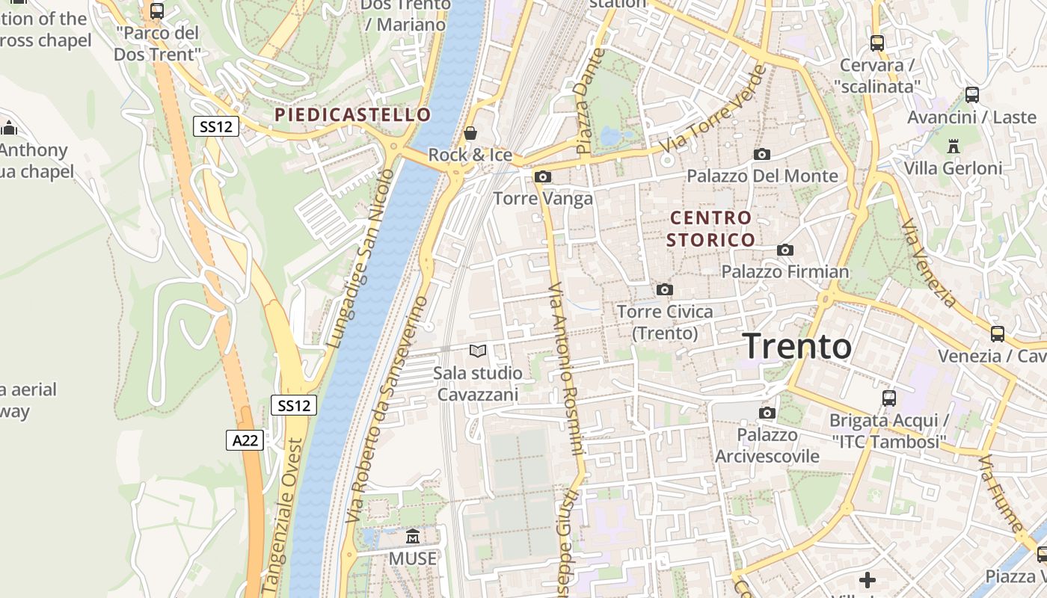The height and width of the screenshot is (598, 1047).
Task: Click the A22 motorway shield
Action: click(245, 440)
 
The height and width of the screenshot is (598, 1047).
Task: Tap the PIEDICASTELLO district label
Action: click(352, 114)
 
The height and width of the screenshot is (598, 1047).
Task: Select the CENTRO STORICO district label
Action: click(710, 229)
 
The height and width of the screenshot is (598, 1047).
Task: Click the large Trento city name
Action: click(797, 346)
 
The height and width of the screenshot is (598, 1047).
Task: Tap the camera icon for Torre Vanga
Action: click(543, 176)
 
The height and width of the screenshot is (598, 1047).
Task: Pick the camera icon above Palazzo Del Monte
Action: click(762, 154)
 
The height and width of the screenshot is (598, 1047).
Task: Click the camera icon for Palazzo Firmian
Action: click(785, 250)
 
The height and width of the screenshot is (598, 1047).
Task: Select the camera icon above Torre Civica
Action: click(664, 289)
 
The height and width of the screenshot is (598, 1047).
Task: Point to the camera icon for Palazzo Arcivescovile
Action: click(767, 413)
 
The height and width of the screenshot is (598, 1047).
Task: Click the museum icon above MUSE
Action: click(412, 537)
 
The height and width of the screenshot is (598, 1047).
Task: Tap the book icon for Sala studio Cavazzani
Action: click(477, 350)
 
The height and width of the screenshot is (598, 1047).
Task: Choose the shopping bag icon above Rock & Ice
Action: click(470, 134)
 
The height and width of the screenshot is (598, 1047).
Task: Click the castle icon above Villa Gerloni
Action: click(953, 146)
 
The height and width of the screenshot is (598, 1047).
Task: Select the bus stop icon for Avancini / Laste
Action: click(971, 95)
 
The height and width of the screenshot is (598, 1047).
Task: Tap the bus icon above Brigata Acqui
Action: click(888, 398)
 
